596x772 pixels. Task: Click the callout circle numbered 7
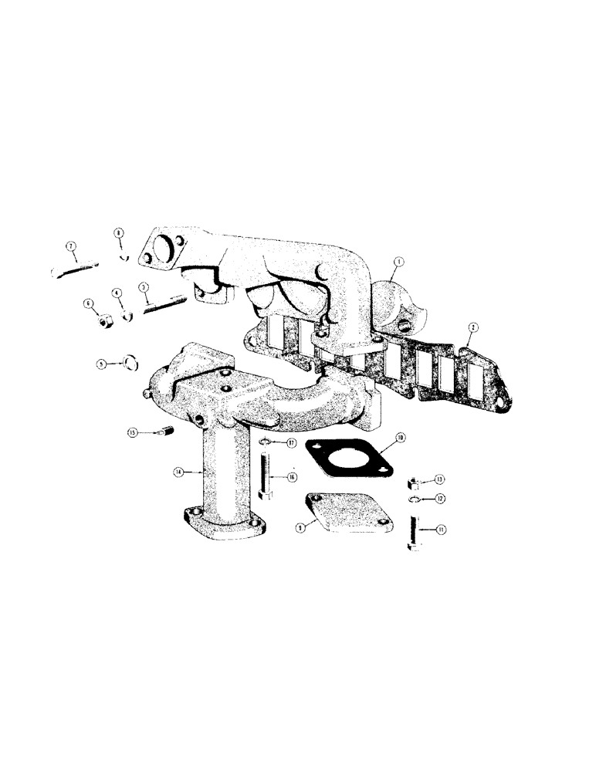pyautogui.click(x=70, y=247)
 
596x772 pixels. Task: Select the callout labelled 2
pyautogui.click(x=470, y=330)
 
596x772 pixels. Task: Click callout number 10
pyautogui.click(x=401, y=439)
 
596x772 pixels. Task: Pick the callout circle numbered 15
pyautogui.click(x=133, y=434)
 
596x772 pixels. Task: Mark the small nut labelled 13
pyautogui.click(x=413, y=482)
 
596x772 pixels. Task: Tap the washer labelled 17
pyautogui.click(x=265, y=442)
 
